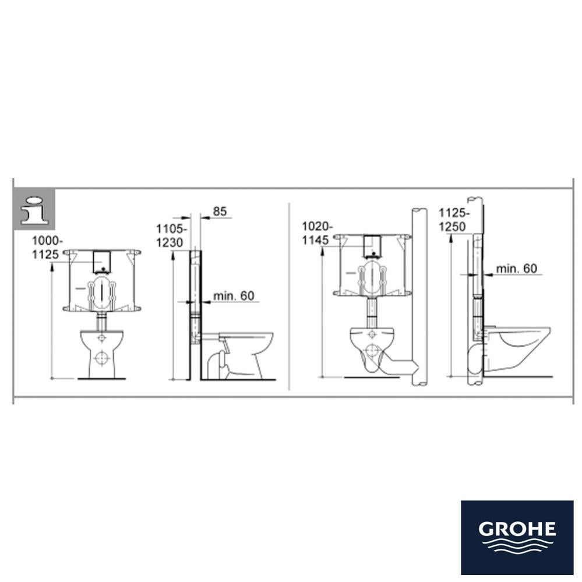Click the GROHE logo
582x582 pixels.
[517, 537]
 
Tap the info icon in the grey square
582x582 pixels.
[34, 209]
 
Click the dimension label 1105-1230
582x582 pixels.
[172, 237]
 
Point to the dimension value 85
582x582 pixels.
[220, 211]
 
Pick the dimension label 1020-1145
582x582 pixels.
[318, 232]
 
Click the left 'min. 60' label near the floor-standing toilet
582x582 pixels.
[234, 296]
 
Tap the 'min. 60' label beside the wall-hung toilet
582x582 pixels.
[516, 269]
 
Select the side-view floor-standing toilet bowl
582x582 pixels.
[245, 352]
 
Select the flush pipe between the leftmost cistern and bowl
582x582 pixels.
[102, 319]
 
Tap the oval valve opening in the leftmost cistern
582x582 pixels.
[102, 291]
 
